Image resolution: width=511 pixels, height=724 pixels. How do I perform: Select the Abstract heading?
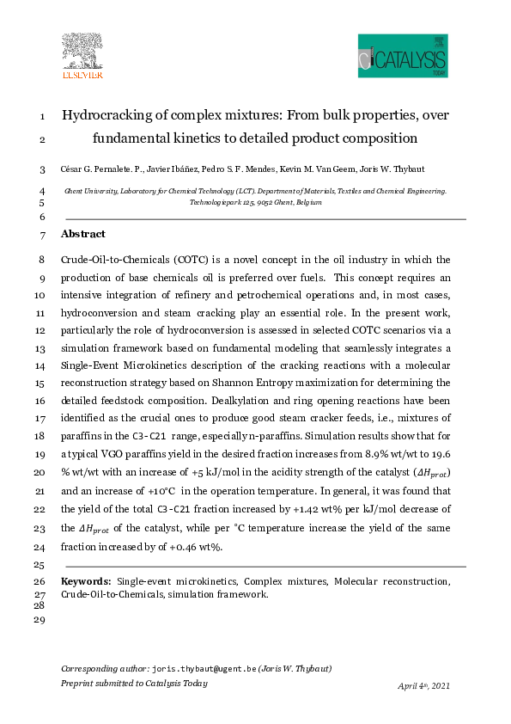point(83,234)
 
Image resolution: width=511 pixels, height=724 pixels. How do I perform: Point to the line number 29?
point(38,619)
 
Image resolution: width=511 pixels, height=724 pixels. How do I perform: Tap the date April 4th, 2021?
point(423,686)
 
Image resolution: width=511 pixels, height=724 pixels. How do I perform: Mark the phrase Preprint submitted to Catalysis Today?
point(134,683)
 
